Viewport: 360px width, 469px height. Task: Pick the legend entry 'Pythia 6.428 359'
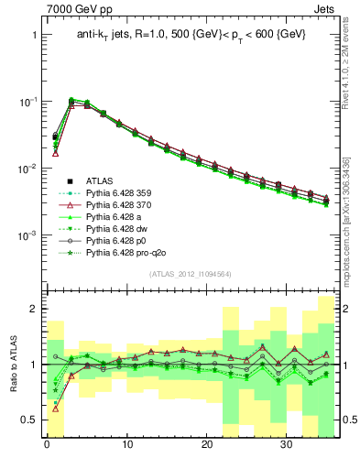121,195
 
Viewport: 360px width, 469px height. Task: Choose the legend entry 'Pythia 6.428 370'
121,209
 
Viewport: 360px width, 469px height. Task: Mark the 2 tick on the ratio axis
33,310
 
